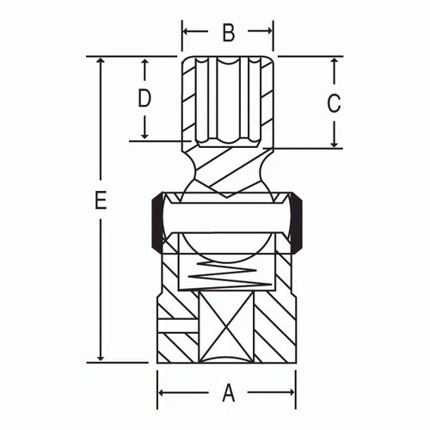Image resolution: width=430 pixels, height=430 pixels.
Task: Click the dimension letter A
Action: click(229, 393)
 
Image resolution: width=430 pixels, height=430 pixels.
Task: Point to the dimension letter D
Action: click(144, 98)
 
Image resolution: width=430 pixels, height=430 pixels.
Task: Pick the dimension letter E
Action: click(101, 202)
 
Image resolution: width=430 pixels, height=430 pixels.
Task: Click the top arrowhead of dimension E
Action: click(101, 63)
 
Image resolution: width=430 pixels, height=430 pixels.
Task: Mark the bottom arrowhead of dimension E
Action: click(101, 355)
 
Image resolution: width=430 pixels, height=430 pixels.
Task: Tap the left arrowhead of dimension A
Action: click(163, 394)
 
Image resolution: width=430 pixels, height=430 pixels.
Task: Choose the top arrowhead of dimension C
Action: click(335, 63)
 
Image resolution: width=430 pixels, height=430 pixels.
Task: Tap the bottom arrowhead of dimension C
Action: click(335, 144)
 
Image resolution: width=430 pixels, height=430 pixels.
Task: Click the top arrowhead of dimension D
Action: click(144, 63)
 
